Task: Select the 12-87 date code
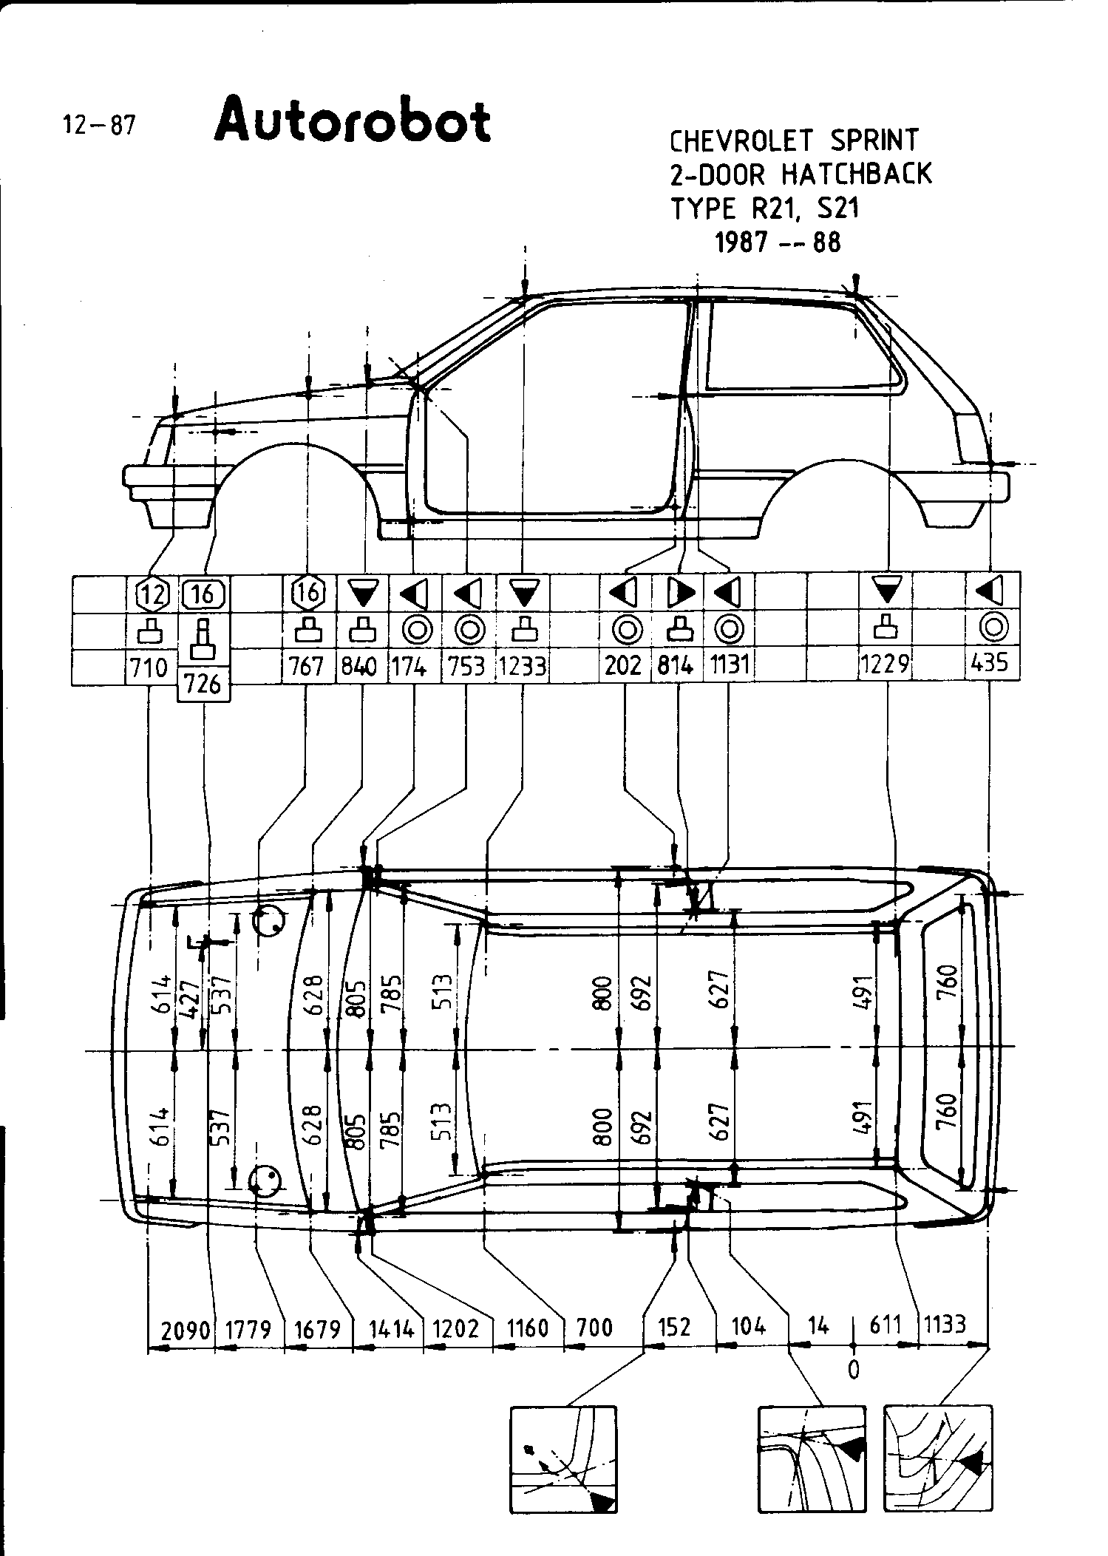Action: pos(99,125)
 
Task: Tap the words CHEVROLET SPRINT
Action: pos(794,140)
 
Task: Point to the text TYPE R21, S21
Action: pos(765,208)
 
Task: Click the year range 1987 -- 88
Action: pos(778,242)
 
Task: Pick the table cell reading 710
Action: pos(149,668)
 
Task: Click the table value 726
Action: pos(203,684)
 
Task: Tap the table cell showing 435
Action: pos(990,663)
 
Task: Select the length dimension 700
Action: pos(595,1328)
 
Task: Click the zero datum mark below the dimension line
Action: pos(854,1370)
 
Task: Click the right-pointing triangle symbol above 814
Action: pos(679,592)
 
